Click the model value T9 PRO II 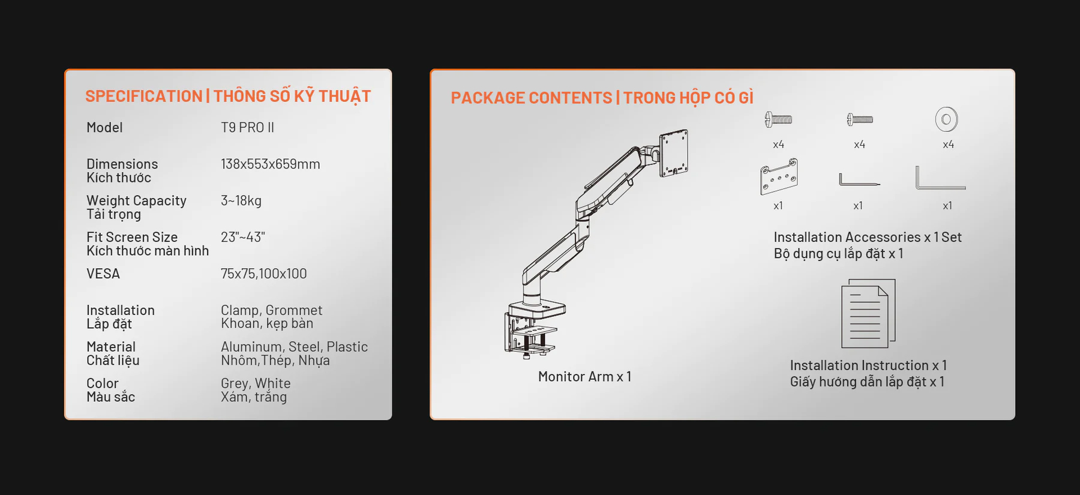pos(247,127)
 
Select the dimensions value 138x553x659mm pos(270,164)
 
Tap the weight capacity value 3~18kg pos(241,200)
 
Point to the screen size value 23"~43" pos(242,237)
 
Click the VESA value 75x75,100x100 pos(263,274)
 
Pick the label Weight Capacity pos(136,200)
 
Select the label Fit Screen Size pos(132,237)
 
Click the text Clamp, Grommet pos(271,310)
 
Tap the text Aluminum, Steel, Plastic pos(294,347)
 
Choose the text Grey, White pos(256,383)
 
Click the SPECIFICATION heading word pos(143,96)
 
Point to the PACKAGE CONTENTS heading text pos(531,98)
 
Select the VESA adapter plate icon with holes pos(779,176)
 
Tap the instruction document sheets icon pos(868,313)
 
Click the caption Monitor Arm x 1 pos(584,377)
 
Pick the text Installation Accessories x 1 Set pos(868,237)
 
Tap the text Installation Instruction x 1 pos(868,365)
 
